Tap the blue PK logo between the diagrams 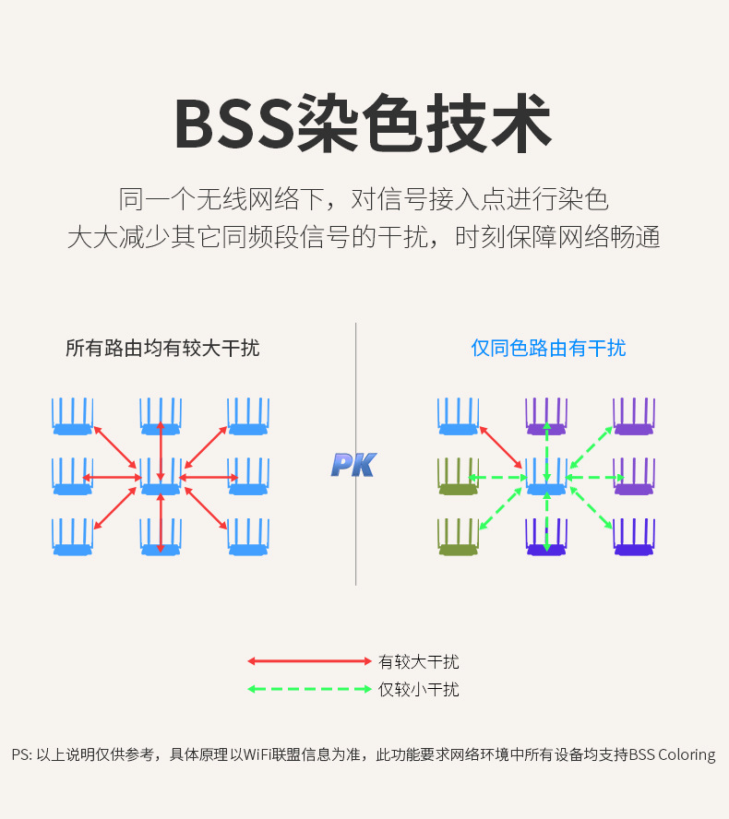click(353, 464)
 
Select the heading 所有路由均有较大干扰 click(162, 348)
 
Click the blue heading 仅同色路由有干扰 click(548, 348)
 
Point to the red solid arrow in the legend click(308, 661)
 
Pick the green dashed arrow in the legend click(308, 688)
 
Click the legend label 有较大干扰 click(418, 661)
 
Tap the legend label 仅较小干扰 click(418, 689)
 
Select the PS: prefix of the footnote click(22, 754)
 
